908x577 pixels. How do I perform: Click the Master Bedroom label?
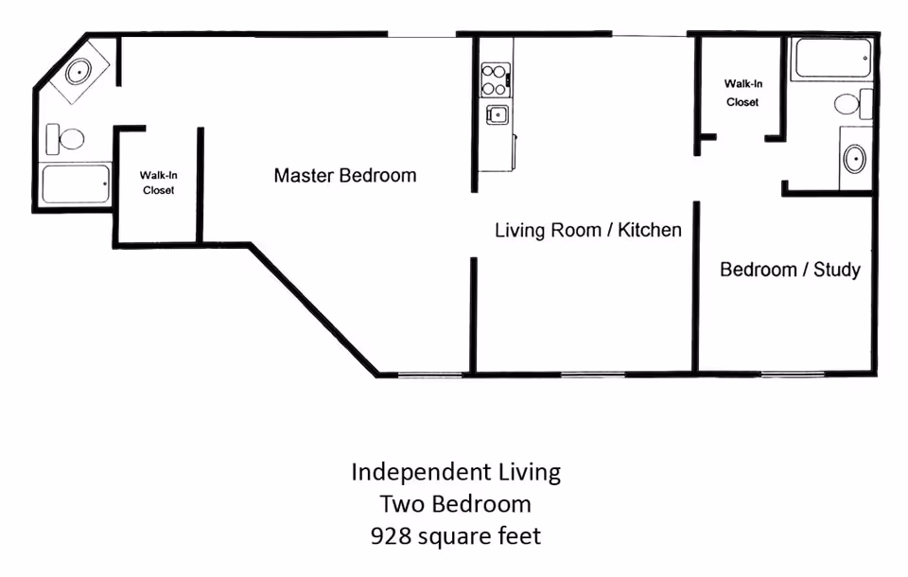345,175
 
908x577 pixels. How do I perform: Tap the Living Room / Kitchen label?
587,230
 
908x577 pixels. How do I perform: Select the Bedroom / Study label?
790,270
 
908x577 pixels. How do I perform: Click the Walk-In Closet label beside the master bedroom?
159,183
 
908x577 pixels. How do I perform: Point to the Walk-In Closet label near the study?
743,93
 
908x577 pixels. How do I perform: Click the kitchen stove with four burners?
495,80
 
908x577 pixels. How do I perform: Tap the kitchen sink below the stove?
498,114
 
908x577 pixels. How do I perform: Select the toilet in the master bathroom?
65,139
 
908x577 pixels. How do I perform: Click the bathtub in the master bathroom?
76,184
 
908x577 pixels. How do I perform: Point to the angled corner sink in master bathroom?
79,72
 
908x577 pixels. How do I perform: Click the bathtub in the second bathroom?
832,58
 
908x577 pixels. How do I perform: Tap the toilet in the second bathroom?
853,104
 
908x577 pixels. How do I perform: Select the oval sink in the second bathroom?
855,158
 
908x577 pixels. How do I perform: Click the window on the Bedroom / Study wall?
793,375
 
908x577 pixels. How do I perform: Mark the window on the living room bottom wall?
593,375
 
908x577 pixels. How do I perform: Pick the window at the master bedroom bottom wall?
429,375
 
